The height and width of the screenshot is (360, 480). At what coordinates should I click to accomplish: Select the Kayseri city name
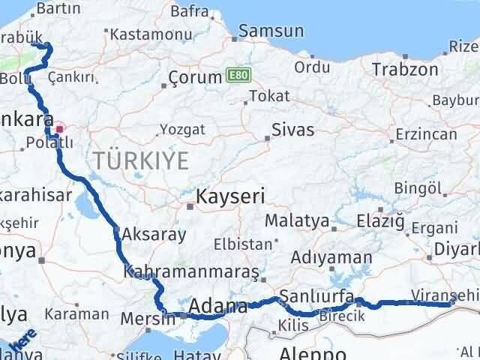point(230,197)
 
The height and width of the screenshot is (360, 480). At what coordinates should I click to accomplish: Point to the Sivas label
point(293,129)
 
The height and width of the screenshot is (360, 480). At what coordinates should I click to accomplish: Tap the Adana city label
point(218,306)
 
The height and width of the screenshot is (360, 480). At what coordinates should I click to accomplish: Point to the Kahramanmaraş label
point(191,271)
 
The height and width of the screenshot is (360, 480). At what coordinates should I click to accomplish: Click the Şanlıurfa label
point(316,295)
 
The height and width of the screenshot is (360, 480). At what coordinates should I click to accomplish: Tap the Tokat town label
point(268,96)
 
